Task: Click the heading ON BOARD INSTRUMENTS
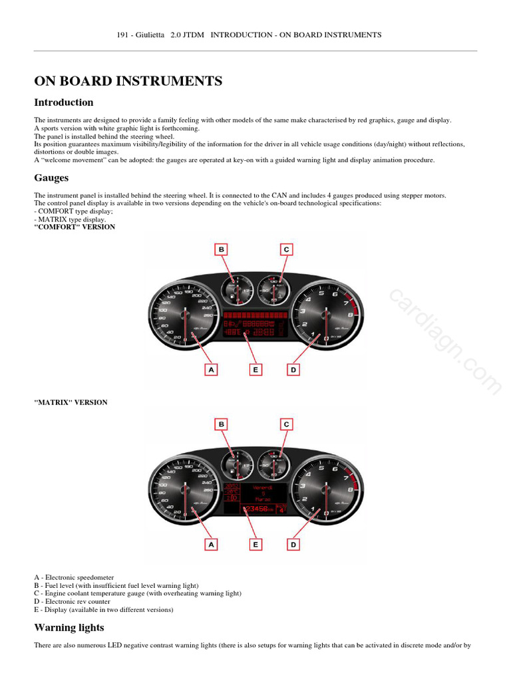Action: [128, 81]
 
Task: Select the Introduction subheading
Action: [64, 102]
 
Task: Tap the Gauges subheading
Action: [51, 178]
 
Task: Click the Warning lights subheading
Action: [69, 627]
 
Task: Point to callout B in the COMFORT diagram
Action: [221, 249]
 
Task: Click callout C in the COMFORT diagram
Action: [286, 249]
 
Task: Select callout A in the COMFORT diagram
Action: [212, 369]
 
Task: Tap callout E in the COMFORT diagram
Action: [255, 369]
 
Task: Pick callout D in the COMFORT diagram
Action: [293, 369]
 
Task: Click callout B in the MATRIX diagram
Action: [221, 424]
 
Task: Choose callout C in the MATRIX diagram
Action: [286, 424]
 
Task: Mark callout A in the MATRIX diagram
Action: [212, 544]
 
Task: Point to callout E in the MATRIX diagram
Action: [255, 544]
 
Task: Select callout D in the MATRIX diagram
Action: [293, 544]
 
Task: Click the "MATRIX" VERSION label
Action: [71, 402]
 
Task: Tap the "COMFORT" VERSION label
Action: [75, 227]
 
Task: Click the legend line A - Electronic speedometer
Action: [74, 577]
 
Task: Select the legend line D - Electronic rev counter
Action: [73, 601]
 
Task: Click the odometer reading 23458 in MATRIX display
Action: [257, 509]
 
